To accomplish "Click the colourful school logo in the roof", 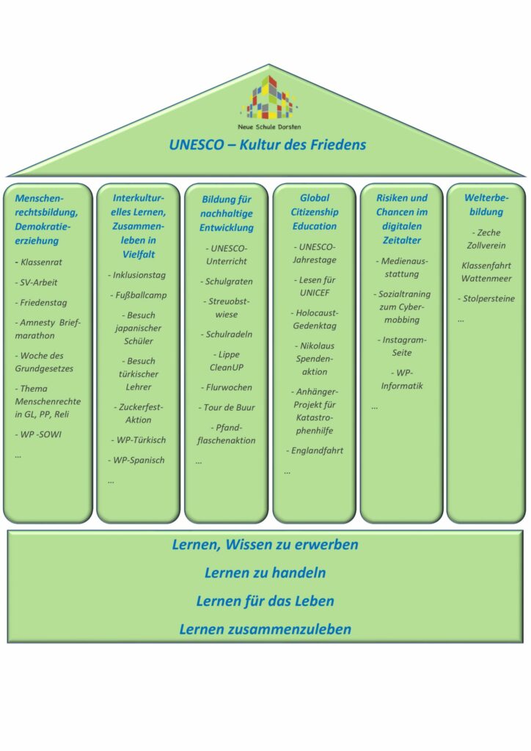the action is pos(269,98).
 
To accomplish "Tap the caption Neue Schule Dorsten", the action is pos(270,127).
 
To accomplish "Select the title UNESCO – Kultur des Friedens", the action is pos(267,144).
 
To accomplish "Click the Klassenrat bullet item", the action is pos(39,262).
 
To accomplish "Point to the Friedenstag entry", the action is pos(41,303).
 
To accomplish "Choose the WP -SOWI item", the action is pos(38,434).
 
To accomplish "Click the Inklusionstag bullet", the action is pos(137,275).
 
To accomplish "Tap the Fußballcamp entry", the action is pos(139,295).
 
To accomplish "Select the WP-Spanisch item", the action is pos(136,461).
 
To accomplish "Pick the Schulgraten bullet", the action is pos(227,282).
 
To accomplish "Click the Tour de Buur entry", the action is pos(227,408).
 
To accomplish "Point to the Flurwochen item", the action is pos(227,387).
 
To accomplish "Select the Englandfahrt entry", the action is pos(315,451).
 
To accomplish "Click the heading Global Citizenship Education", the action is pos(315,212).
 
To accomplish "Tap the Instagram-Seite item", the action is pos(402,346).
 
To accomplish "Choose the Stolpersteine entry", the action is pos(486,298).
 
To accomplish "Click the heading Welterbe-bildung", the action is pos(486,205).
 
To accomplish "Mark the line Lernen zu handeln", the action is pos(265,573).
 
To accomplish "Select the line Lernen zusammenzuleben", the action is pos(265,629).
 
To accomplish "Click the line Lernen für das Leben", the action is pos(265,601).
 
